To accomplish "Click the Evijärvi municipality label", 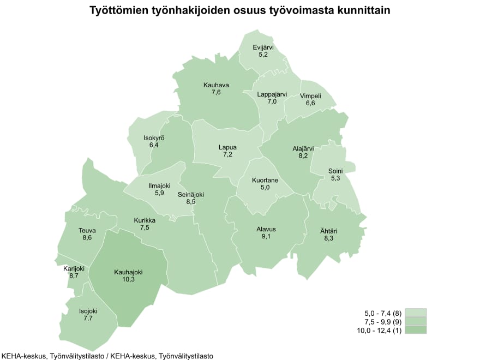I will pos(263,47).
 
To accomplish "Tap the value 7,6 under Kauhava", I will pos(216,93).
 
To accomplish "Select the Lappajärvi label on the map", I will pos(272,94).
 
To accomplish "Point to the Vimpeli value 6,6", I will pos(310,103).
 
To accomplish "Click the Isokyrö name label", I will pos(154,138).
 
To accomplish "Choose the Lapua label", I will pos(227,147).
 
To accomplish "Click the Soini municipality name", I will pos(335,171).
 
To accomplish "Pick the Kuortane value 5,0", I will pos(265,188).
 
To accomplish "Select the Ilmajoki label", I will pos(160,185).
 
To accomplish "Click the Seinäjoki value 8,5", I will pos(191,202).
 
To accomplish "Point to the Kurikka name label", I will pos(145,220).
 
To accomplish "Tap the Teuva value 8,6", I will pos(87,238).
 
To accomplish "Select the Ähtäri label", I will pos(328,231).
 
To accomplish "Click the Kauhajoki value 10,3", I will pos(129,279).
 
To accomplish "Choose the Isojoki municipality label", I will pos(88,311).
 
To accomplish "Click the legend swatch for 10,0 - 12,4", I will pos(416,329).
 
